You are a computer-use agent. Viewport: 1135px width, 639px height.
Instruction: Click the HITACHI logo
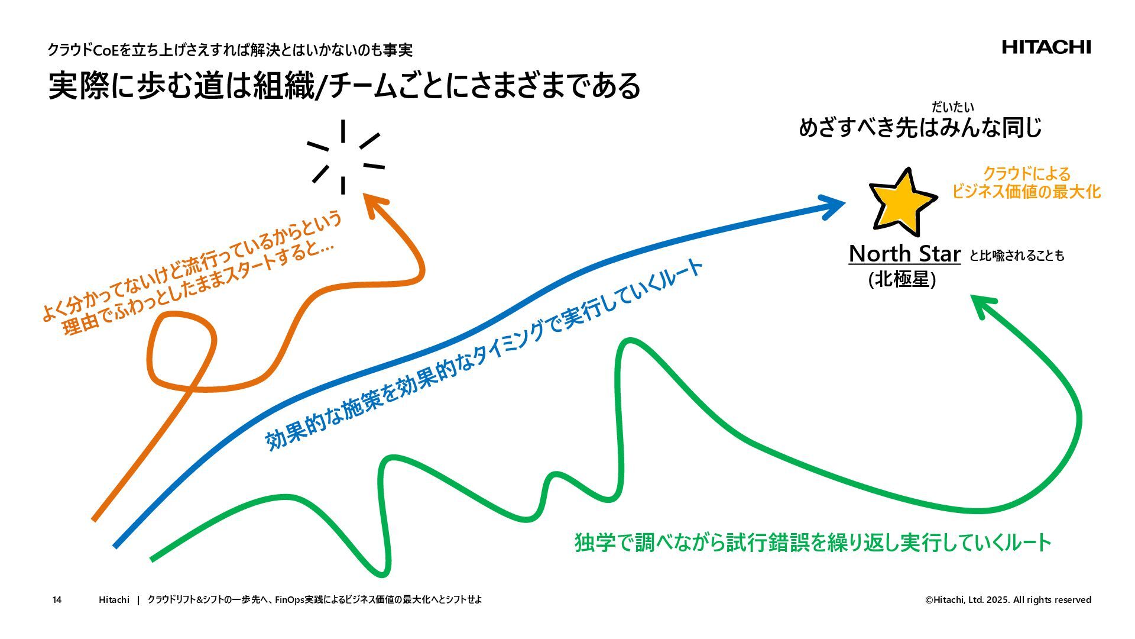pos(1046,47)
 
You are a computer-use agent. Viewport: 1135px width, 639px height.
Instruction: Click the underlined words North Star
pos(904,254)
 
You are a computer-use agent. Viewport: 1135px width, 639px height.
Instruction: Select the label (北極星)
pos(901,279)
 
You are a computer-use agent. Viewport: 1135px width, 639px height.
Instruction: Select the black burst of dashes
pos(344,157)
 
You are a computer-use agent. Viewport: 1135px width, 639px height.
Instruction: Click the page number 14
pos(57,600)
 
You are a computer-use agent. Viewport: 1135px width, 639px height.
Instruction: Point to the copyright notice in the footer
pos(1008,600)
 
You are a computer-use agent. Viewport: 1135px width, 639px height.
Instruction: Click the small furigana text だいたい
pos(952,107)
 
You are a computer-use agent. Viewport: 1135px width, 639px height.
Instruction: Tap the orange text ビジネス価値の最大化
pos(1026,192)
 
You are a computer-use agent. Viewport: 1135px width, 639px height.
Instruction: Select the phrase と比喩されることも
pos(1016,256)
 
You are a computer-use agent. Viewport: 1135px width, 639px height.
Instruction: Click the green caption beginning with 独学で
pos(813,543)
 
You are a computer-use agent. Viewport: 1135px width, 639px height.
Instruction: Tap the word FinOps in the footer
pos(289,600)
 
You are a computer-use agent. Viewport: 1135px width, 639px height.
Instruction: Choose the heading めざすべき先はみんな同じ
pos(920,128)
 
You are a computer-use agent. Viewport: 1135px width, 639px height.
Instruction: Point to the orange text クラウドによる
pos(1026,174)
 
